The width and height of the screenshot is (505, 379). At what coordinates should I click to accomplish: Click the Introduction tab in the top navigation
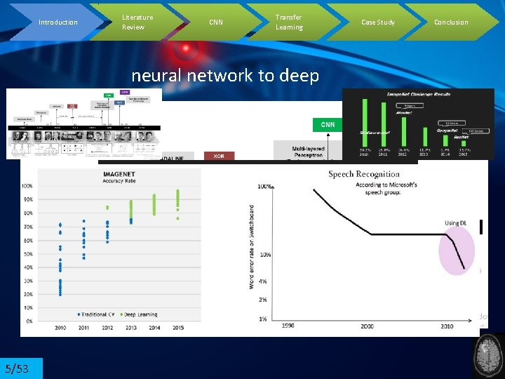(x=58, y=22)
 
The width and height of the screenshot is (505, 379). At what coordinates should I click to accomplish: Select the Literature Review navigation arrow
(x=137, y=22)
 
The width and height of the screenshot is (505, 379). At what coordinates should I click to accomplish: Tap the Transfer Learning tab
(x=289, y=22)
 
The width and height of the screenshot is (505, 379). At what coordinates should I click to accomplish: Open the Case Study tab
(x=377, y=22)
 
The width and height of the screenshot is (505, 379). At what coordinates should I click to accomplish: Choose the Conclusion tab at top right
(x=451, y=22)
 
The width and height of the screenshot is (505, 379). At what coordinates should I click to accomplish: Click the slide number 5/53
(x=17, y=368)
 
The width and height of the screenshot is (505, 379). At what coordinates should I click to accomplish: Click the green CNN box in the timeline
(x=328, y=125)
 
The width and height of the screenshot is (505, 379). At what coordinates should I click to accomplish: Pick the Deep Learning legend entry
(x=139, y=314)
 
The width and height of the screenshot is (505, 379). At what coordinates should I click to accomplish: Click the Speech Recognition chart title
(x=364, y=174)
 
